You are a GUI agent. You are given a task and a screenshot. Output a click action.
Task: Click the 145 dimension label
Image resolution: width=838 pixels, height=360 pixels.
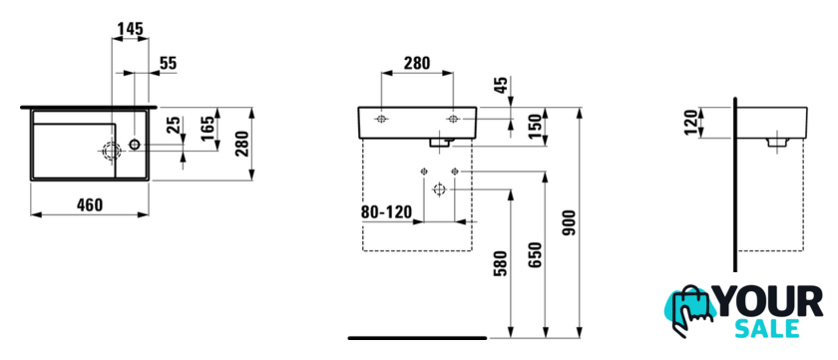click(x=131, y=29)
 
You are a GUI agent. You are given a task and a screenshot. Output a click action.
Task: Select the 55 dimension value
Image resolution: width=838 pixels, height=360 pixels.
click(x=168, y=63)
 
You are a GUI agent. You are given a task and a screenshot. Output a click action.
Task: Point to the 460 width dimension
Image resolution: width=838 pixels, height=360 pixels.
click(x=89, y=205)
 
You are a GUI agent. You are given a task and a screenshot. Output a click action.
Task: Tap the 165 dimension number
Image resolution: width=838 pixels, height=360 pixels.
click(x=209, y=128)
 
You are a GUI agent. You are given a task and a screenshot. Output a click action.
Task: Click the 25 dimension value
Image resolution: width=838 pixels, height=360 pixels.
click(x=174, y=127)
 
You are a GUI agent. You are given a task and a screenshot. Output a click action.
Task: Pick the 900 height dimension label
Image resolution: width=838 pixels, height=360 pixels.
click(x=570, y=223)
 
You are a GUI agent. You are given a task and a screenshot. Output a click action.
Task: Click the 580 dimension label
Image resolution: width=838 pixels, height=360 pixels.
click(x=500, y=264)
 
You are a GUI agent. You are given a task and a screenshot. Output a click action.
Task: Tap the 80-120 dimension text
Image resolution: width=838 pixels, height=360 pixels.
click(x=387, y=212)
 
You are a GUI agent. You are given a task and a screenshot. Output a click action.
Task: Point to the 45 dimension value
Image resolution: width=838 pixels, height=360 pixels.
click(x=500, y=86)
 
